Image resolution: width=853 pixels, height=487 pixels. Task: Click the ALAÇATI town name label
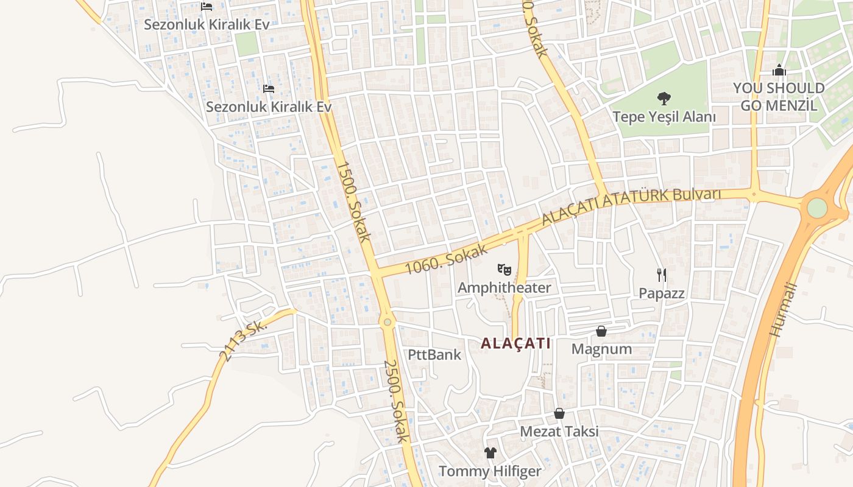515,343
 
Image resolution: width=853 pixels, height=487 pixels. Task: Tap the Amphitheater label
504,287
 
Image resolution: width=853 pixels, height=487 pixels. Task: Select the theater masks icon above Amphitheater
504,268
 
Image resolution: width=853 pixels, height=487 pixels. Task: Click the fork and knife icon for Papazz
662,275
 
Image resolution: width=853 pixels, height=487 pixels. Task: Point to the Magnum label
601,349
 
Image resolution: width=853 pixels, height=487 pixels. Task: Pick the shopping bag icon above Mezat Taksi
559,413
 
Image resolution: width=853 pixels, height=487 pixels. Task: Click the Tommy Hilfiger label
490,471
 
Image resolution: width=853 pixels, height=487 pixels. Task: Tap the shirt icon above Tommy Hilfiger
490,452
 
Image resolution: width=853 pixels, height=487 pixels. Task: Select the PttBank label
434,354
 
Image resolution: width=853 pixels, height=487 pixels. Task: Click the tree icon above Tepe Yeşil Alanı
664,98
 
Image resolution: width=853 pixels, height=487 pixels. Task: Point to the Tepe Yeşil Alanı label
664,116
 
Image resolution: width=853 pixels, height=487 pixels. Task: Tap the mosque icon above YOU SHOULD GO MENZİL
779,71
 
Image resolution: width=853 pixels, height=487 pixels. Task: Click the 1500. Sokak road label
353,201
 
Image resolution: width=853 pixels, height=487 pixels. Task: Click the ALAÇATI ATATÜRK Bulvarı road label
631,205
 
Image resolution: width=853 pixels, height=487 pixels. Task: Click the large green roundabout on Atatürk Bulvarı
817,208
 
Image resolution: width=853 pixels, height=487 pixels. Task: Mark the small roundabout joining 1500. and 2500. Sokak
387,322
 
